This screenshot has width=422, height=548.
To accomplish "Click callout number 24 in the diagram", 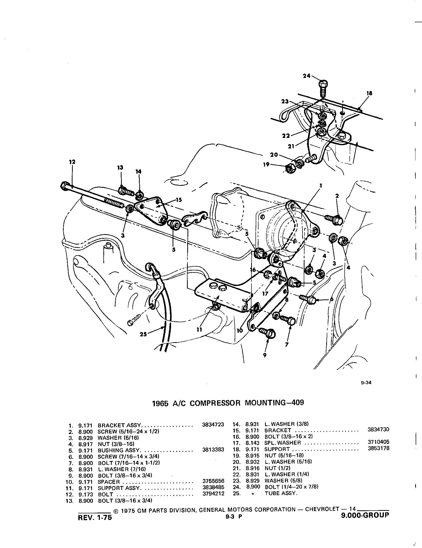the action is (307, 76).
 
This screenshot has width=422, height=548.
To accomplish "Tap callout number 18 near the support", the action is (369, 93).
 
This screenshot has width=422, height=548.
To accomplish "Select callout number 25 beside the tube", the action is (143, 335).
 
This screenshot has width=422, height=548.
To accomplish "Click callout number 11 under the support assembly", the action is (200, 330).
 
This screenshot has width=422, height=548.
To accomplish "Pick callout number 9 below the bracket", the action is (265, 355).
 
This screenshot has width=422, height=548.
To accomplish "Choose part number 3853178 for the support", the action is (378, 448).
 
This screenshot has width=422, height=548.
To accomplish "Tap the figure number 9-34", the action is (366, 383).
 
